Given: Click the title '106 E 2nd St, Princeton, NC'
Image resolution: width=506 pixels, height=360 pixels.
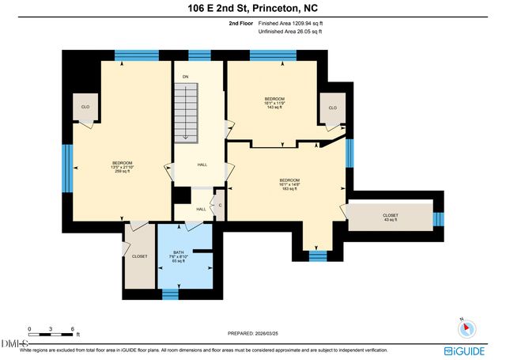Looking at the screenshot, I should click(x=253, y=9).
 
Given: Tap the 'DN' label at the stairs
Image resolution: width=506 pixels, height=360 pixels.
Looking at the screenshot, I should click(x=185, y=77).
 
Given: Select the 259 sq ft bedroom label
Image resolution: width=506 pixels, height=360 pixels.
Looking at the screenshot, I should click(x=123, y=166).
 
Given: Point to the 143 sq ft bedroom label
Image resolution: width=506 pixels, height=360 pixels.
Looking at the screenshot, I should click(x=274, y=101).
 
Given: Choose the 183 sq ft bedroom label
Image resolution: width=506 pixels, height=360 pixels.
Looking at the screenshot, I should click(x=289, y=184).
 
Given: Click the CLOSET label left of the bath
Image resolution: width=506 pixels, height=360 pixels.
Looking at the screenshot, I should click(x=140, y=256).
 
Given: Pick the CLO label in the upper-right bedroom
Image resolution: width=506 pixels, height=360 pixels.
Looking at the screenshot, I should click(x=333, y=108).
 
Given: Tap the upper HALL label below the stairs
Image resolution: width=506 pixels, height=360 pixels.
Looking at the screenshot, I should click(x=202, y=165).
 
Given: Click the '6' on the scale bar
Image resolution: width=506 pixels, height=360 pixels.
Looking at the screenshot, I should click(x=73, y=328).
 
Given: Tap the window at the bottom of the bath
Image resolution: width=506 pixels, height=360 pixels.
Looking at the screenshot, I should click(x=170, y=294).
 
